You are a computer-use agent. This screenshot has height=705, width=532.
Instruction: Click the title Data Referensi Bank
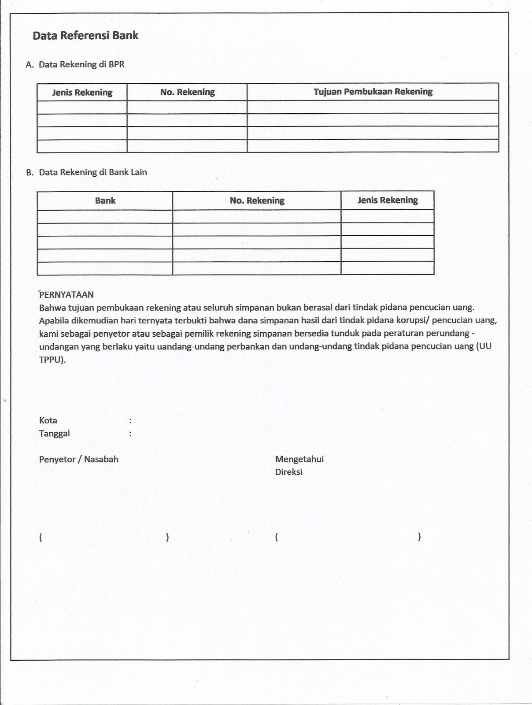(85, 36)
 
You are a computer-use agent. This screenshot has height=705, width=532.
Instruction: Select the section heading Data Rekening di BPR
(81, 64)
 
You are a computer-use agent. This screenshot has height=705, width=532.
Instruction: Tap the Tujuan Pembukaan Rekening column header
(373, 92)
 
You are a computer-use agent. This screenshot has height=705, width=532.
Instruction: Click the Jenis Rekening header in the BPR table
(82, 93)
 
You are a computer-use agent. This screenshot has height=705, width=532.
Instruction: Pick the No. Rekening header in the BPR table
(187, 92)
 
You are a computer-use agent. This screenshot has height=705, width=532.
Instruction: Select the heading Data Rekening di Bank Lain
(92, 172)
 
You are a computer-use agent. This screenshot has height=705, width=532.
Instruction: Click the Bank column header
(105, 200)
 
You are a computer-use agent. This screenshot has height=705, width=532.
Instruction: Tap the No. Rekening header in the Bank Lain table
(257, 200)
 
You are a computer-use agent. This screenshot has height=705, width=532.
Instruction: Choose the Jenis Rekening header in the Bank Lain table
(387, 200)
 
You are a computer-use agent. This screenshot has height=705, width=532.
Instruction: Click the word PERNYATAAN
(66, 295)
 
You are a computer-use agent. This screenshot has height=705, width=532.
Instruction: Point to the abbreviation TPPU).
(52, 360)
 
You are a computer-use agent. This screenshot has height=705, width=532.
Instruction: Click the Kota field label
(48, 420)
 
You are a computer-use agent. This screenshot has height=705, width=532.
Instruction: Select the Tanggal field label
(54, 434)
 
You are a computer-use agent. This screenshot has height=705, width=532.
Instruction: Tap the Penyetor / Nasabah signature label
(79, 459)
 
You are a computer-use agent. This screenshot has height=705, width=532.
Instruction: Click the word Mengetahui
(299, 459)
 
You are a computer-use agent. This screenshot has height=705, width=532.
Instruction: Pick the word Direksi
(288, 472)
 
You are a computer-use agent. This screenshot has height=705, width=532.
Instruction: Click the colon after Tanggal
(130, 434)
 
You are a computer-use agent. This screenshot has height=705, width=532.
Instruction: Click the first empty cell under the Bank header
(105, 216)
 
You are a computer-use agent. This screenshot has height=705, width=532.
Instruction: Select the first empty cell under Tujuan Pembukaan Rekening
(373, 107)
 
